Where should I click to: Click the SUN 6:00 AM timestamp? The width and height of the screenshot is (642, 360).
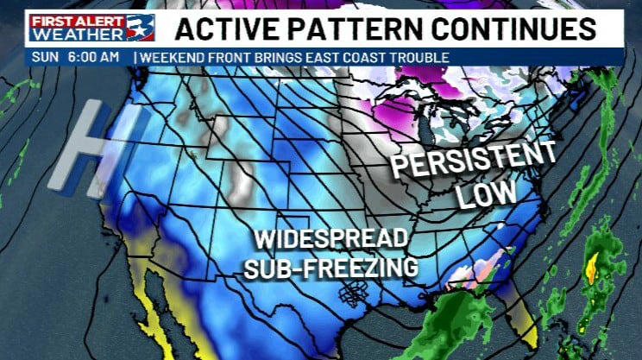[75, 58]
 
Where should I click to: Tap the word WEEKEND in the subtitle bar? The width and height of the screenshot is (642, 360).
[172, 58]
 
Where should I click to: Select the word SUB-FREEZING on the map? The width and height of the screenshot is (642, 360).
[331, 268]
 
